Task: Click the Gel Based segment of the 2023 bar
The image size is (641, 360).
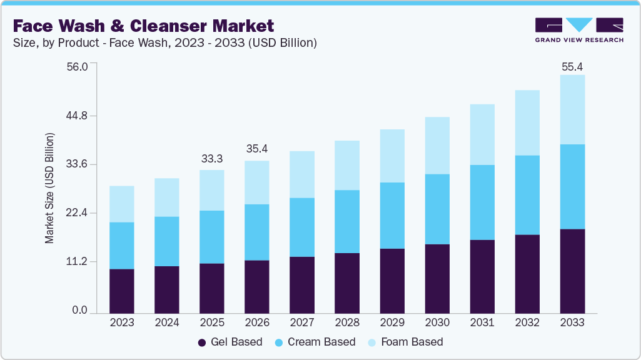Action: point(121,291)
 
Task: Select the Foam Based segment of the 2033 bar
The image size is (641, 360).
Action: point(572,109)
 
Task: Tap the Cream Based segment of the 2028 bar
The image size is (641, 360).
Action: point(346,221)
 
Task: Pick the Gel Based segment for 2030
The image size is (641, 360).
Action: point(437,278)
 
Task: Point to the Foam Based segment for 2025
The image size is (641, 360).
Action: point(211,190)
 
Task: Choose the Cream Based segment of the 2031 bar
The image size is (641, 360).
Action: point(482,202)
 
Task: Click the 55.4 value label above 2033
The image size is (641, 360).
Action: point(572,66)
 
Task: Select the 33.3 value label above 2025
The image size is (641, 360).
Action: point(211,159)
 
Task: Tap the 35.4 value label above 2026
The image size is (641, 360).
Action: point(257,149)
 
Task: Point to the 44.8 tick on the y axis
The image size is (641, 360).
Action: point(78,116)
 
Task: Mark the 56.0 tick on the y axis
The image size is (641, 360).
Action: point(78,66)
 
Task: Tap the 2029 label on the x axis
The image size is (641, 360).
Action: point(391,322)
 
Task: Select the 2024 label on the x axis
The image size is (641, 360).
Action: point(166,322)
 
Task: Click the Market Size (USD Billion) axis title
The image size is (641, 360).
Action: point(49,188)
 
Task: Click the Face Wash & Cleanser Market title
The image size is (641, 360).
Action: point(143,26)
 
